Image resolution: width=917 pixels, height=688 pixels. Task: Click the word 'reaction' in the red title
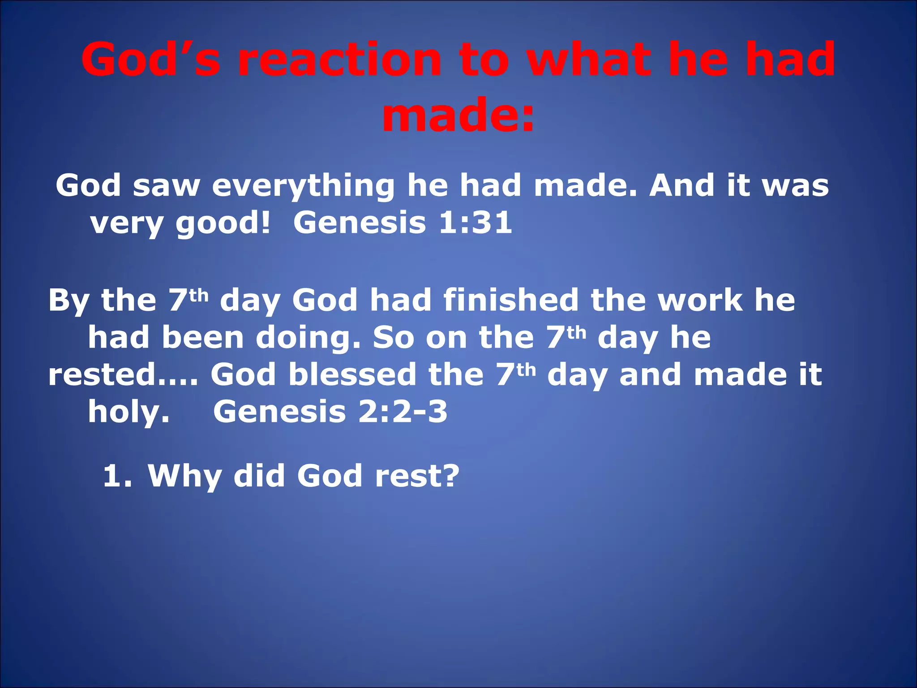click(x=339, y=60)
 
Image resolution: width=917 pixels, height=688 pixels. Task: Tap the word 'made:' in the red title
click(x=458, y=116)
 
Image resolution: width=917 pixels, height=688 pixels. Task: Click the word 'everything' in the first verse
click(x=303, y=186)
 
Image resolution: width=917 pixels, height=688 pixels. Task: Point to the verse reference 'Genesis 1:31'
click(x=403, y=223)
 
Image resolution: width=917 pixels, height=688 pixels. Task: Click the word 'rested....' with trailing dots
click(x=123, y=375)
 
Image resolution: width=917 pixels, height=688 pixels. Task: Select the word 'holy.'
click(x=129, y=413)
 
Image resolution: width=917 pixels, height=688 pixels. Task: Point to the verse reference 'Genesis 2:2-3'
click(x=330, y=413)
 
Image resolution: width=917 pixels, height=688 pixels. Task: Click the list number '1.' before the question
click(x=117, y=476)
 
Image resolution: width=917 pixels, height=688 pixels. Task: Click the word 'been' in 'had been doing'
click(x=203, y=338)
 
